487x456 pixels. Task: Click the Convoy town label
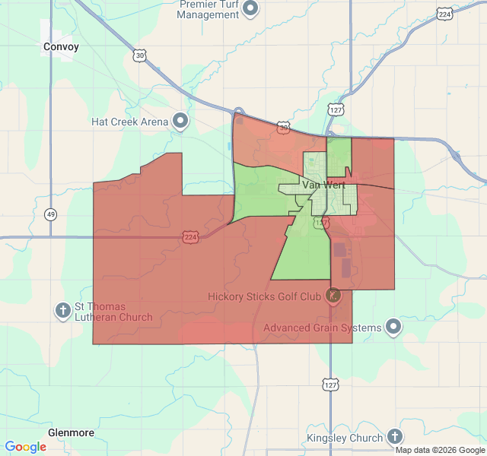(61, 46)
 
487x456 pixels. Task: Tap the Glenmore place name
(71, 432)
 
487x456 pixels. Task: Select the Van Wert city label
(323, 185)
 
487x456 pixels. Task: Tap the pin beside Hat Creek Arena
(180, 121)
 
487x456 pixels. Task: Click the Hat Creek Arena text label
(129, 121)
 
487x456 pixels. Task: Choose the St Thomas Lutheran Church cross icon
(62, 310)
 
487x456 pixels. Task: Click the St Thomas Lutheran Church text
(113, 312)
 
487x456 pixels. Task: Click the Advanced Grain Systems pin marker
(393, 328)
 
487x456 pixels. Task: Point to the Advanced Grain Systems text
(322, 328)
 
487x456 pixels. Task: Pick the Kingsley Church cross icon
(394, 437)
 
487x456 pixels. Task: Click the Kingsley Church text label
(345, 438)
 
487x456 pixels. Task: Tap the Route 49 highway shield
(50, 214)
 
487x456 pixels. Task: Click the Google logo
(25, 447)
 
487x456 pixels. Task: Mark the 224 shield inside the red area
(190, 238)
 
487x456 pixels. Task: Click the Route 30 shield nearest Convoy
(138, 55)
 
